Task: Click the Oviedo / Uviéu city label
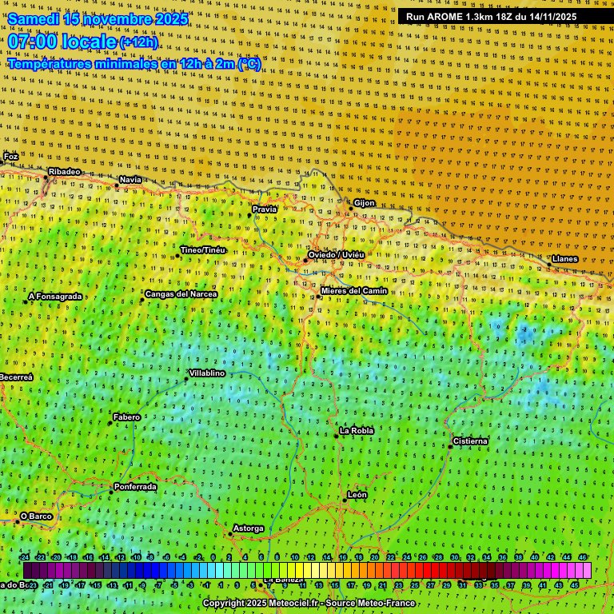click(336, 254)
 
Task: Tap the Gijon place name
click(364, 203)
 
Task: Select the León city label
click(357, 495)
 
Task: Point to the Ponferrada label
click(135, 486)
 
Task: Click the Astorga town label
click(248, 528)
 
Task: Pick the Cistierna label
click(470, 441)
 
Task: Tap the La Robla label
click(357, 431)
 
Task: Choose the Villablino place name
click(206, 373)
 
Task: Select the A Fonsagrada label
click(55, 297)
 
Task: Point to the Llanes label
click(564, 259)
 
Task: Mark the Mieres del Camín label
click(354, 290)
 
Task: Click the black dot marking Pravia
click(249, 214)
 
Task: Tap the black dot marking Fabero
click(110, 423)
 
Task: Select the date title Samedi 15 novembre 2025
click(98, 18)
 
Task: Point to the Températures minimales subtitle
click(134, 63)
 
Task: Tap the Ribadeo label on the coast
click(64, 172)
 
